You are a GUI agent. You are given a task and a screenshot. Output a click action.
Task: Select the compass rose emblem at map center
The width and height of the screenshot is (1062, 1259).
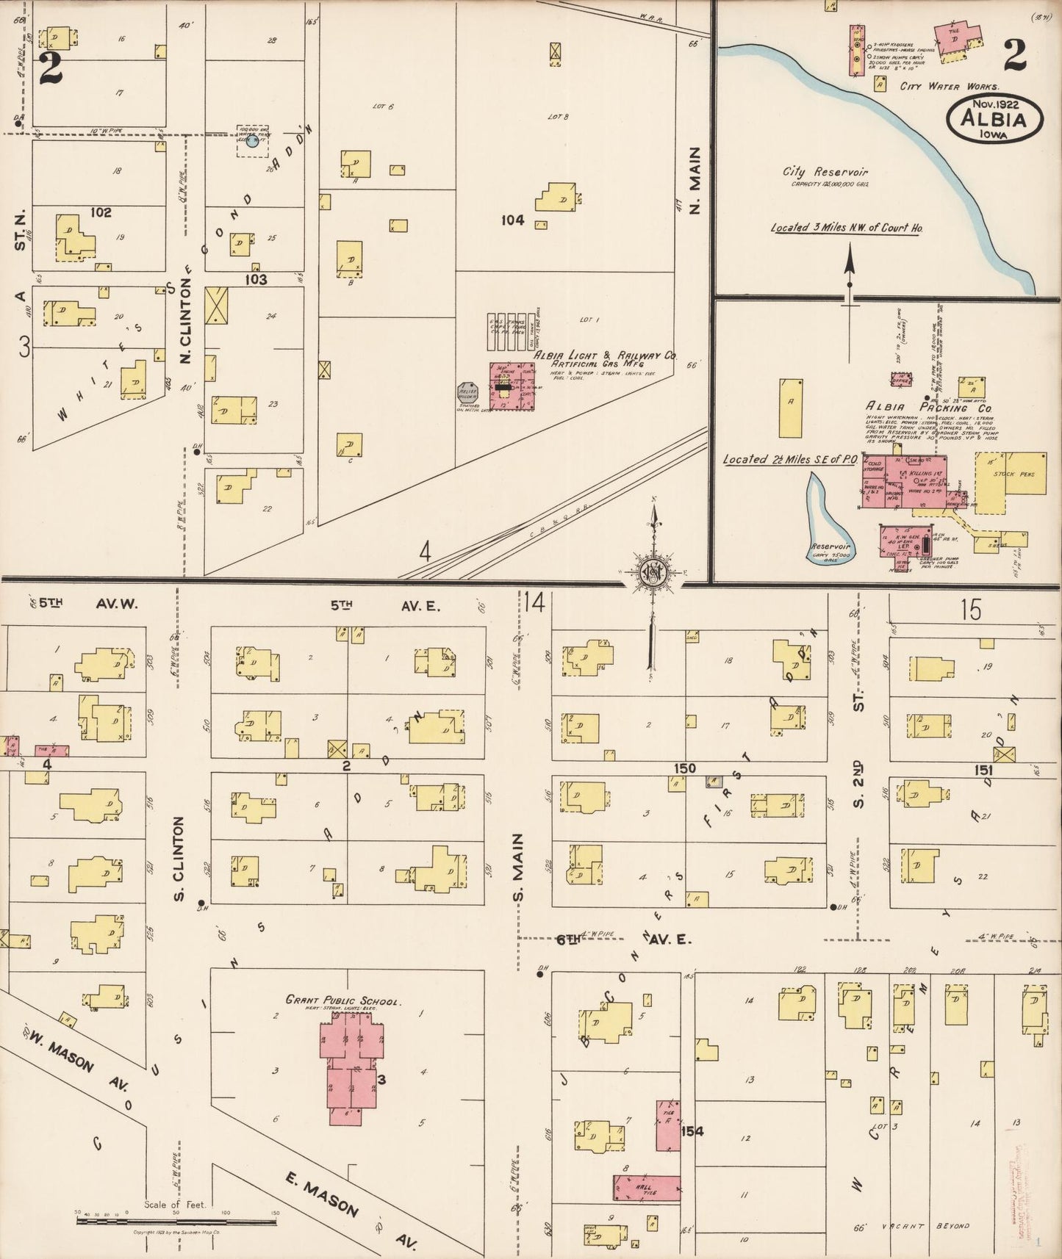[x=653, y=573]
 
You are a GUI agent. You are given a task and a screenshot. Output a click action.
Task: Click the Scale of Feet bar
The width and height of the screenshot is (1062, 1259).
[x=176, y=1221]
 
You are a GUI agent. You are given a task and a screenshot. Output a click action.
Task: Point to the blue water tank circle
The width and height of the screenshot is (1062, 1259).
[x=252, y=141]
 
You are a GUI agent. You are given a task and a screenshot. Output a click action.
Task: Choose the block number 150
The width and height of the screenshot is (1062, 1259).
[x=684, y=768]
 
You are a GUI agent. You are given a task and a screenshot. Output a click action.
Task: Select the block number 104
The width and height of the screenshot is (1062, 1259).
[x=512, y=220]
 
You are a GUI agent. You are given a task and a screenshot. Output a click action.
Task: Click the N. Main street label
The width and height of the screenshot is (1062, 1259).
[x=695, y=180]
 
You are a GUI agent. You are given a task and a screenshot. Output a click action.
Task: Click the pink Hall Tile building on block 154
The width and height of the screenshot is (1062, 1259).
[x=646, y=1188]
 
